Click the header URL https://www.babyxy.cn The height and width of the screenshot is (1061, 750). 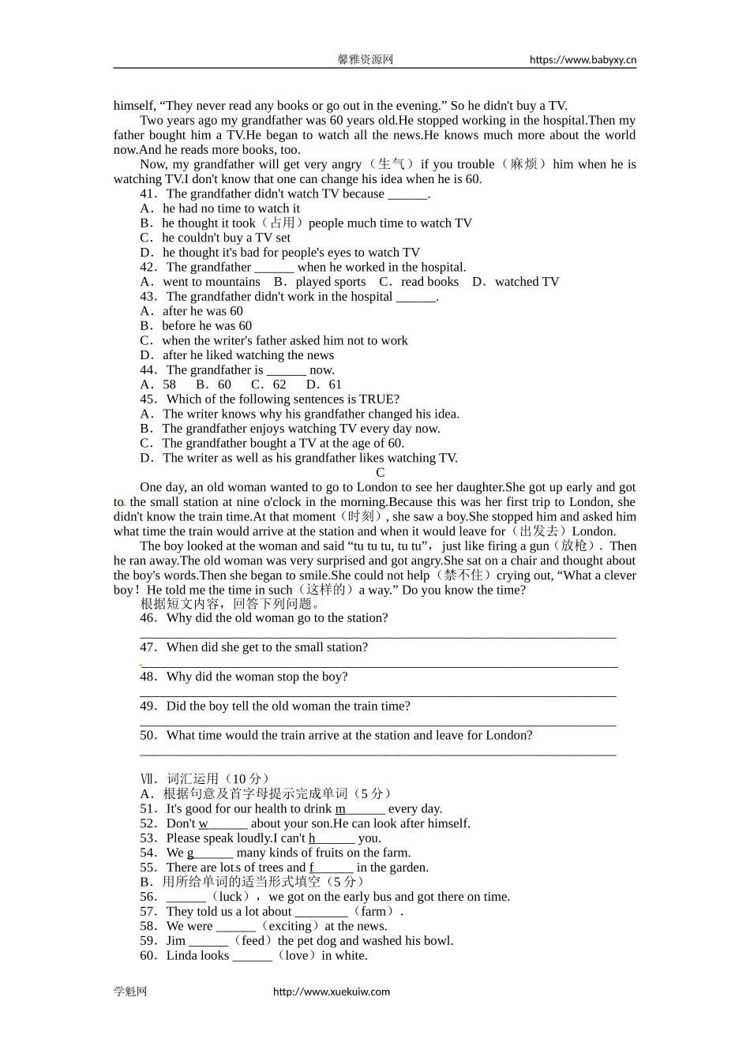pos(583,59)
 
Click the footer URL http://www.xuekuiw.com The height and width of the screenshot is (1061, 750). pos(332,992)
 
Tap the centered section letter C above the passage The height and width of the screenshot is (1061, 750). pos(380,472)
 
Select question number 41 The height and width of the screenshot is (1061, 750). pos(148,193)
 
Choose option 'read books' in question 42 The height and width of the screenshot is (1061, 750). pos(429,282)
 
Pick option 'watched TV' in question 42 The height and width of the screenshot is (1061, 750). pos(527,282)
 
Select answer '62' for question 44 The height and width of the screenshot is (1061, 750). pos(279,384)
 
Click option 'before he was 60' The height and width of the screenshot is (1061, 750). pos(207,325)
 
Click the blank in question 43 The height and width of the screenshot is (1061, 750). pos(415,297)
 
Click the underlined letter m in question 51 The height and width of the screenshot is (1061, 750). pos(340,808)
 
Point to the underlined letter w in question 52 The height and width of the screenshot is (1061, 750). pos(203,823)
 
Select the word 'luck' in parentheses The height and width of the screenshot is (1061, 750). pos(231,897)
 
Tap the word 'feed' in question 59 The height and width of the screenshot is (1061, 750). pos(253,941)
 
